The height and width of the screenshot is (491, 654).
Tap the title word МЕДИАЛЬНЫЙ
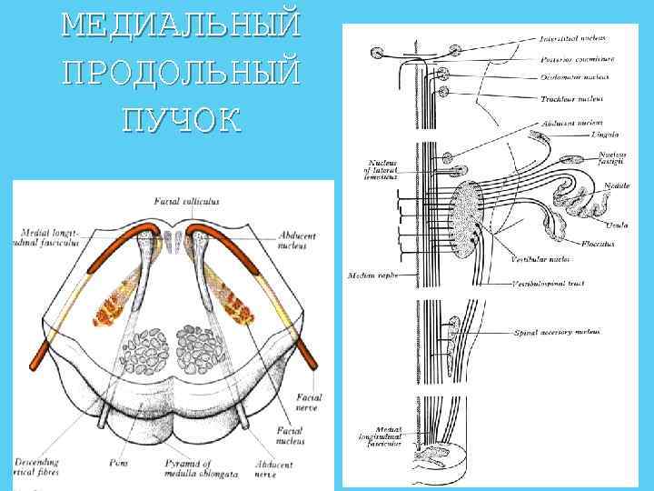click(x=180, y=25)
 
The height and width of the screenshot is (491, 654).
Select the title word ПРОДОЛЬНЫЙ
click(x=180, y=72)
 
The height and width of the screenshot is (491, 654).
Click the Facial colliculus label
click(x=186, y=201)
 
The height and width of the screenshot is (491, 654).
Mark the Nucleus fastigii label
click(x=610, y=158)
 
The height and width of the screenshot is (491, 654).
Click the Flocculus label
click(x=599, y=244)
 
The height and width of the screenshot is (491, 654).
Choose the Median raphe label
click(x=370, y=274)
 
